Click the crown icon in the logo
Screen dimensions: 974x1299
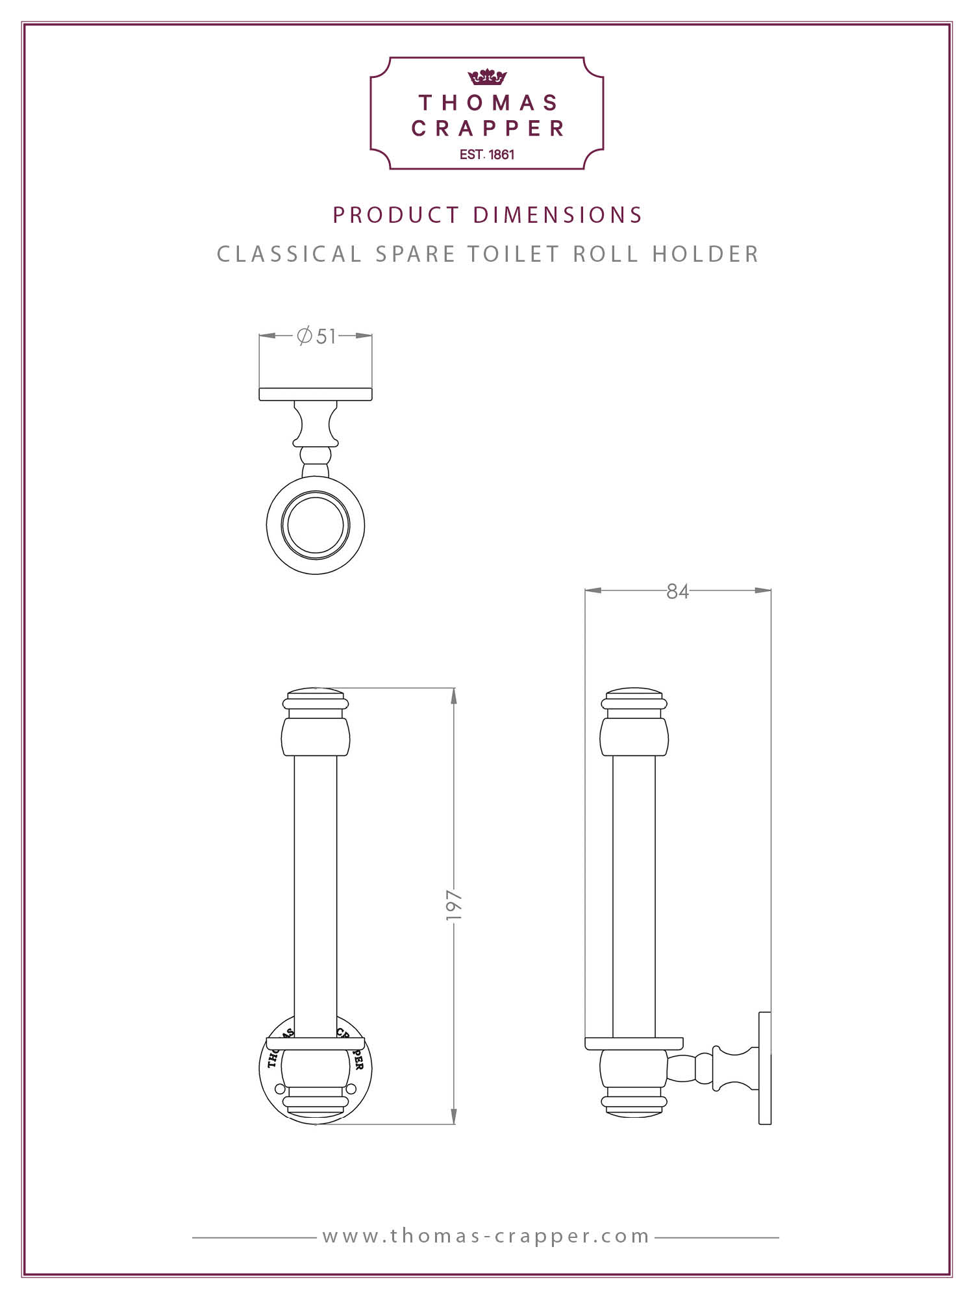[x=486, y=77]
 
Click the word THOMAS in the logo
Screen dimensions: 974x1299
[x=488, y=103]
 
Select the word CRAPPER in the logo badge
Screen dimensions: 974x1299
[x=487, y=129]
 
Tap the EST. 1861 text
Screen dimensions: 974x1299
[x=487, y=155]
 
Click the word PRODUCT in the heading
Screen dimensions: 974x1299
[x=396, y=215]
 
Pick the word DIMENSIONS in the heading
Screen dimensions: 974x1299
[x=557, y=215]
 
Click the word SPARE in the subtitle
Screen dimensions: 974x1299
[x=416, y=254]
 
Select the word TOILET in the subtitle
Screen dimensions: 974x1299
[x=514, y=254]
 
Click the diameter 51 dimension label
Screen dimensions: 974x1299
[x=316, y=336]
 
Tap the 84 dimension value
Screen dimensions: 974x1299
[x=677, y=591]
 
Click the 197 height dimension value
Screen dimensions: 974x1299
[x=453, y=905]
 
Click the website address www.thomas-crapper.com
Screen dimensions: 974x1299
[x=486, y=1235]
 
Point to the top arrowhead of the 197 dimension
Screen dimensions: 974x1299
[x=453, y=696]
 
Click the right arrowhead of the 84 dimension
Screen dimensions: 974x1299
[x=763, y=590]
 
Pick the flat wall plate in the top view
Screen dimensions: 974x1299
[x=316, y=394]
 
